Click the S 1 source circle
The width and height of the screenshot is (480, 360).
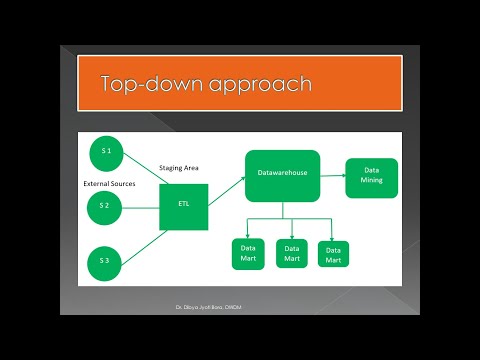[106, 152]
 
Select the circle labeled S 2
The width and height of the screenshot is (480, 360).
[105, 206]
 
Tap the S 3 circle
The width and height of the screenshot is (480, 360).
[105, 260]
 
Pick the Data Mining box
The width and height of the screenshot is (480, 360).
[372, 174]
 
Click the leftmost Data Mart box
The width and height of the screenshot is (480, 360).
[248, 254]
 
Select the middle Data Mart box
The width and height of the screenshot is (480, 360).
[291, 254]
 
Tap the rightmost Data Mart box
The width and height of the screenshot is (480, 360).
[333, 254]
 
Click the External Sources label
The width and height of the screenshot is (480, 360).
[109, 183]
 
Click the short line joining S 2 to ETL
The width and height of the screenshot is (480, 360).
[142, 206]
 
